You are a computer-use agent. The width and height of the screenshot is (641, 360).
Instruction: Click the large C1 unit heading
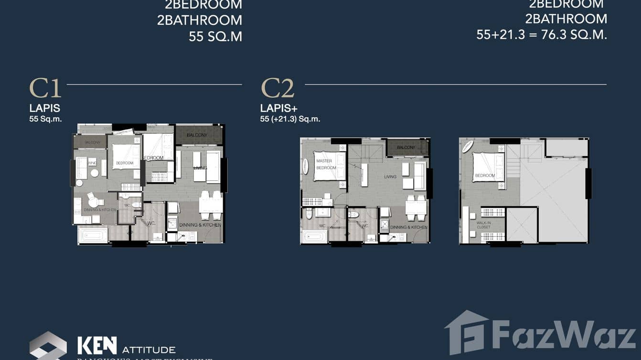point(45,89)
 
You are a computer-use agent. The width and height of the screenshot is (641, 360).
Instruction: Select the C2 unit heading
point(278,89)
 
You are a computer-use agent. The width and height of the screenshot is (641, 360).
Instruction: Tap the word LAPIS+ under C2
point(278,108)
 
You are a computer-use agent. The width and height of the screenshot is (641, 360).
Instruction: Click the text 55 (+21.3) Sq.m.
point(290,119)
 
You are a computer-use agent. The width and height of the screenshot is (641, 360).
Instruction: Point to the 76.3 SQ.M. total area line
point(542,34)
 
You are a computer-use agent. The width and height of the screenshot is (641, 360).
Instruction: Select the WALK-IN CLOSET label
point(483,224)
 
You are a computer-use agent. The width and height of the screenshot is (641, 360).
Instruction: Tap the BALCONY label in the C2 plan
point(406,148)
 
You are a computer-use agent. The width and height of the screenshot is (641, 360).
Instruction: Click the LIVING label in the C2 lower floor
point(390,177)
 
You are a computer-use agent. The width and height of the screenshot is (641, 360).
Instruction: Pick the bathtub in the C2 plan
point(314,236)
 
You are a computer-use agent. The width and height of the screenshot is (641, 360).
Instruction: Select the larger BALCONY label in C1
point(197,135)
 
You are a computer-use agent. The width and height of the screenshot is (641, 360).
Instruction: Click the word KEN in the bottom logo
point(97,345)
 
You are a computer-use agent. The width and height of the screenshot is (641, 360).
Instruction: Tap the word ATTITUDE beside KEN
point(149,350)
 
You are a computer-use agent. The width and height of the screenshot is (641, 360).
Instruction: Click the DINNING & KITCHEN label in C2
point(408,227)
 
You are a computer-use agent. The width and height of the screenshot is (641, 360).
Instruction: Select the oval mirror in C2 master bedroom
point(306,166)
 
